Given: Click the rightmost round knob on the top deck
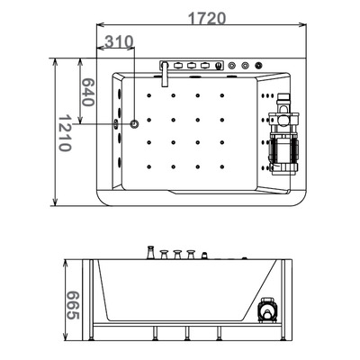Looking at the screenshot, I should tap(259, 66).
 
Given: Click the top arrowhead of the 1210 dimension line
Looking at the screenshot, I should tap(57, 61).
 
